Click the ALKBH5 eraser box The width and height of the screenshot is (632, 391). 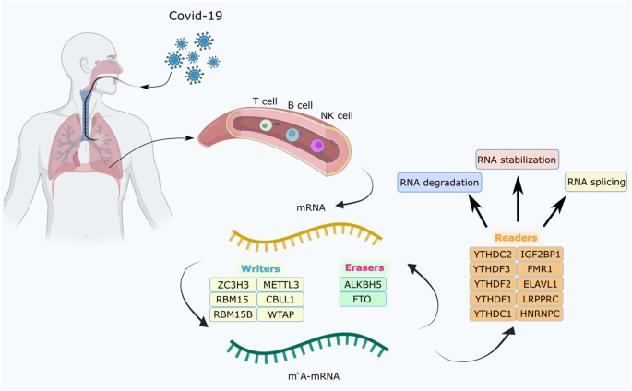363,284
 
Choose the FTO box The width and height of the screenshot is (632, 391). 363,299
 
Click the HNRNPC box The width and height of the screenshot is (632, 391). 541,314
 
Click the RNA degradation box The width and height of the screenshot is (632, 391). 439,183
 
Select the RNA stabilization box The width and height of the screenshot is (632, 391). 517,160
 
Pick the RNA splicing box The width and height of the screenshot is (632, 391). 595,183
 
